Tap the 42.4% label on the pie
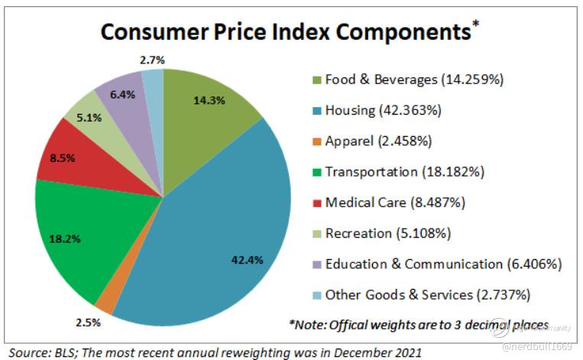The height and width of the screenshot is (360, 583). (247, 260)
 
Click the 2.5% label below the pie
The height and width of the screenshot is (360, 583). (86, 323)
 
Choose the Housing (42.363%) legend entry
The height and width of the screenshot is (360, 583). (383, 110)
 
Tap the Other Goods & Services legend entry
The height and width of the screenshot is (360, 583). (427, 294)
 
